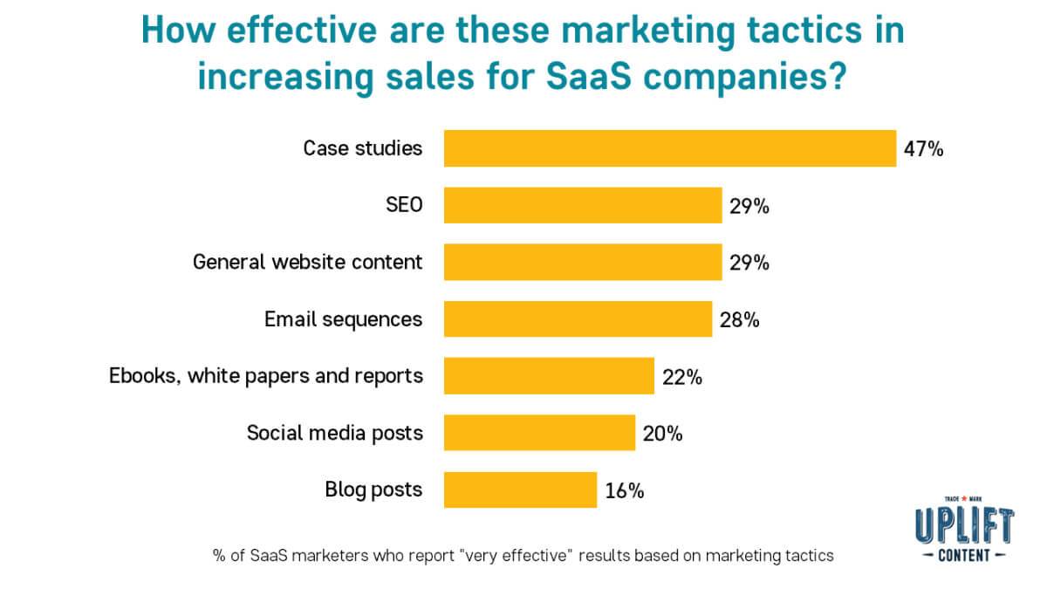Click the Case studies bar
coord(669,148)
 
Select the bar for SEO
coord(583,206)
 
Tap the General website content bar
coord(583,263)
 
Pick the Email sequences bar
coord(578,319)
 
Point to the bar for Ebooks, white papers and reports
coord(549,376)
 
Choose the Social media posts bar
coord(539,433)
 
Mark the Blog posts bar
coord(520,490)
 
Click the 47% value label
coord(924,149)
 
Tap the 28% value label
coord(740,320)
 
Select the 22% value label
coord(682,377)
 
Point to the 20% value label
coord(663,434)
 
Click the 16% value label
coord(625,490)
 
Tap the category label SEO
coord(403,206)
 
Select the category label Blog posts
coord(373,490)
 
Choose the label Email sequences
coord(343,319)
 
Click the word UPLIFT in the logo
coord(964,527)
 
